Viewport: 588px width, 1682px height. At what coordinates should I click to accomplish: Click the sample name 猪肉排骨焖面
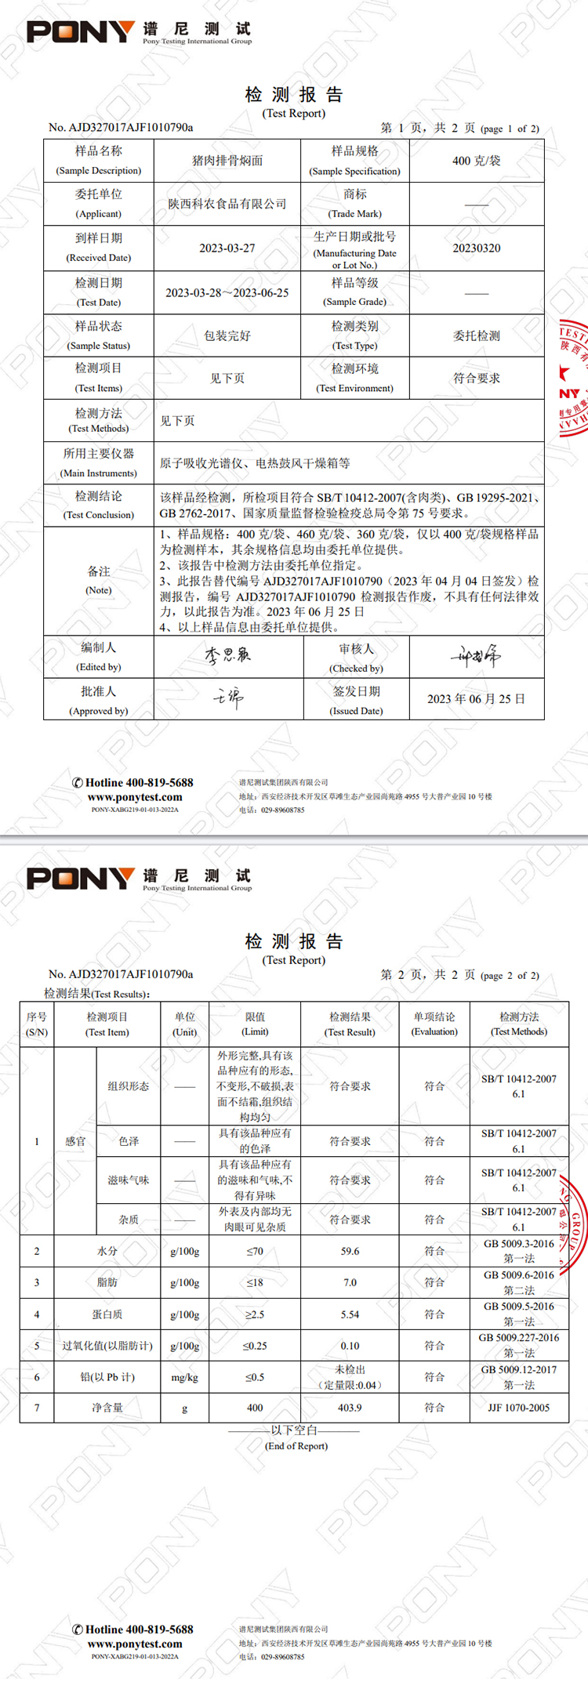227,161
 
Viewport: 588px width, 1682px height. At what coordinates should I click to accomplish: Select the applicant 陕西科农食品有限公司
227,204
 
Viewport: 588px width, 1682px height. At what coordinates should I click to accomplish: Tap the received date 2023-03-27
227,248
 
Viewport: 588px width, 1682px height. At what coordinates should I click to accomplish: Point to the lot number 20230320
477,248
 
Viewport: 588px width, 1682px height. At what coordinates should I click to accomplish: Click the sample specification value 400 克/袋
477,161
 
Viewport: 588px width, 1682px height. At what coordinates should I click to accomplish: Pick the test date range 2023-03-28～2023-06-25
227,293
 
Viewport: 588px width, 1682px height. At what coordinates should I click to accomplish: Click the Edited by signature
227,655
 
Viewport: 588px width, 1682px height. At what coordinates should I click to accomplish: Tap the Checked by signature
476,656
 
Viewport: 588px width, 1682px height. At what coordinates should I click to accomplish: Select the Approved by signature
228,698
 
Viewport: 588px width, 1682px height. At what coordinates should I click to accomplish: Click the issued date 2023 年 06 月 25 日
476,699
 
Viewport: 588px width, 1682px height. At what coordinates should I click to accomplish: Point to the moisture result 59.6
350,1252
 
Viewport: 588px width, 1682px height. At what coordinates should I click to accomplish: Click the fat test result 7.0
350,1283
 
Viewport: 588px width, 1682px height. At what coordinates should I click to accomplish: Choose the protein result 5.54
350,1314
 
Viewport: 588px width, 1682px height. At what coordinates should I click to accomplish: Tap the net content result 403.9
350,1408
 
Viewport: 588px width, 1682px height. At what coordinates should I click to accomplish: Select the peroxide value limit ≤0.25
255,1346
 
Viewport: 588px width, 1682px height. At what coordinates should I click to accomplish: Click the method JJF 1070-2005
519,1408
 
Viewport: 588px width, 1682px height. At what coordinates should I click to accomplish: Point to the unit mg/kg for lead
184,1377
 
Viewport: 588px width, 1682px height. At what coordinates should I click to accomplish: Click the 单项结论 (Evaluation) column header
434,1024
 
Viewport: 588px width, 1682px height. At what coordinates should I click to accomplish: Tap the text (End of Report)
296,1446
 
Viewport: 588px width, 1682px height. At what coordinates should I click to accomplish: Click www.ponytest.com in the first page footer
135,797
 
